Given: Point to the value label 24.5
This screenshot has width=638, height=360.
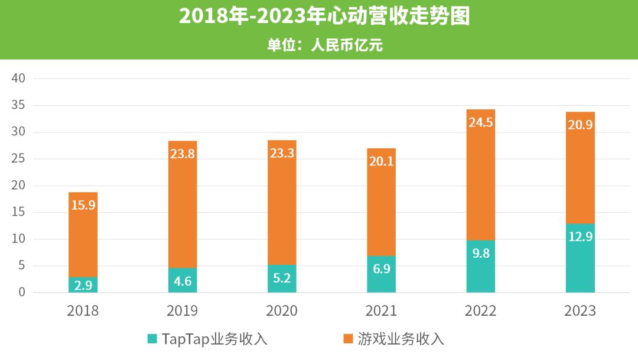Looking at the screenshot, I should (x=480, y=123).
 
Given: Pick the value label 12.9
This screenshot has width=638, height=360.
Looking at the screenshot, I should (x=580, y=236).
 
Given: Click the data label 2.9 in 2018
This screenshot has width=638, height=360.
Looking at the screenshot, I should (x=83, y=286).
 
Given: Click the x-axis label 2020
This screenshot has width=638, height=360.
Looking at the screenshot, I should (x=282, y=310).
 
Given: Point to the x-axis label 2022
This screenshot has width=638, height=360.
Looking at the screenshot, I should (x=480, y=310).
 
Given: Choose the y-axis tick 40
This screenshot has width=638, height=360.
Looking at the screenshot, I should (x=19, y=79).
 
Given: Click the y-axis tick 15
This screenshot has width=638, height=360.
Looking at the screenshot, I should (x=19, y=212).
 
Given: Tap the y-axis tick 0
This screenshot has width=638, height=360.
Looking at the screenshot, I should (x=22, y=292).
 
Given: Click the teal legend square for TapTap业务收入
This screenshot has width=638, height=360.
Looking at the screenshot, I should (x=152, y=339).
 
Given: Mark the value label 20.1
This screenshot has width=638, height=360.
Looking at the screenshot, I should (x=381, y=162).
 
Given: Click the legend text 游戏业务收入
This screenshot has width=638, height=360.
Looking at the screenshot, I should (x=401, y=339).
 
